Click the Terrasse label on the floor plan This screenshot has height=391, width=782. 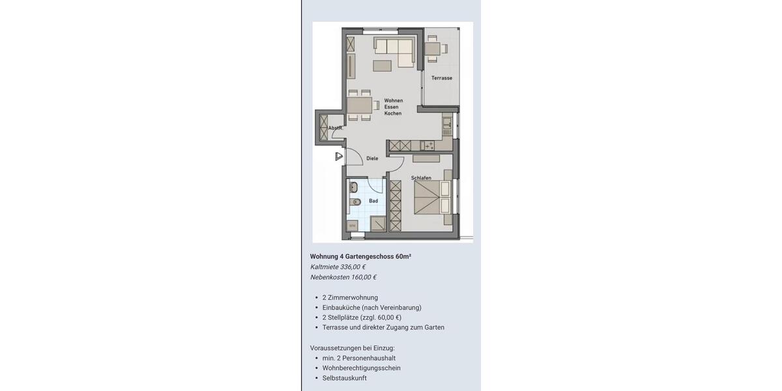tap(441, 78)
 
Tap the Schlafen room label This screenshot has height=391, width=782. tap(421, 178)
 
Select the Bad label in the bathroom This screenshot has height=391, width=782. tap(373, 201)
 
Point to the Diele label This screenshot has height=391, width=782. tap(372, 158)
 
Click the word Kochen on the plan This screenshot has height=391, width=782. tap(393, 113)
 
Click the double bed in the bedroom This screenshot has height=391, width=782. tap(432, 197)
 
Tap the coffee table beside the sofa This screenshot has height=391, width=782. tap(383, 65)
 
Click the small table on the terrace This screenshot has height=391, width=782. tap(433, 48)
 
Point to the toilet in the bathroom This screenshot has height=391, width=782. tap(355, 202)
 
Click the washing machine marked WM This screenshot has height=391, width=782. tap(353, 225)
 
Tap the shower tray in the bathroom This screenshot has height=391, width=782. tap(378, 224)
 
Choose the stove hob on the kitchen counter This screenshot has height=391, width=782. tap(428, 145)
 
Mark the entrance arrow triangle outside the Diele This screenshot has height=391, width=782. tap(339, 156)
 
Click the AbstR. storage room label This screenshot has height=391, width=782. tap(336, 128)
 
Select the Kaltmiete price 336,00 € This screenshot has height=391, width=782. tap(353, 267)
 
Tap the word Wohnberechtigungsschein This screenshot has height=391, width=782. tap(361, 368)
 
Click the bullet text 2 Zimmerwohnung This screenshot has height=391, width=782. tap(350, 298)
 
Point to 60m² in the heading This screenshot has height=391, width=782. tap(403, 256)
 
